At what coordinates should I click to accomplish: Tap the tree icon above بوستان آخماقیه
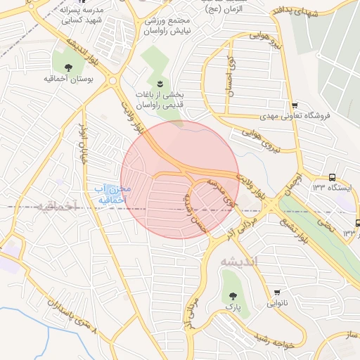click(68, 68)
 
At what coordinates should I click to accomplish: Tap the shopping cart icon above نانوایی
click(278, 292)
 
